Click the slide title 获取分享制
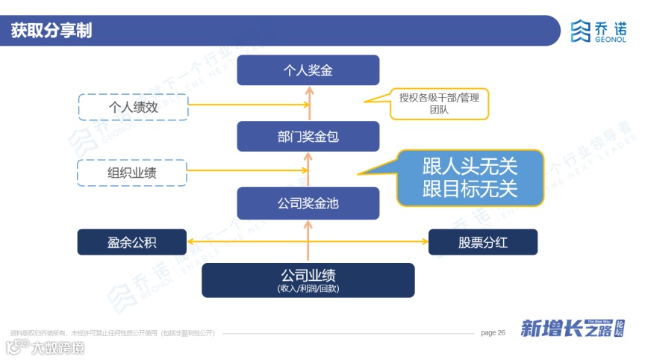coord(52,31)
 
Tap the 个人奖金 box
coord(308,70)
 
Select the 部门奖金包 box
coord(308,137)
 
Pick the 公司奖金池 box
coord(308,202)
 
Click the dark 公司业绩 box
coord(308,279)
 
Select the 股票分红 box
coord(483,242)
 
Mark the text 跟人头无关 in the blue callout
coord(470,166)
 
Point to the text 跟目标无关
coord(470,188)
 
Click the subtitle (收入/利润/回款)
coord(308,288)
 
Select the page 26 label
coord(493,332)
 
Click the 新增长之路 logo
coord(572,329)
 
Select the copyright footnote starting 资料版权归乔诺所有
coord(112,333)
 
